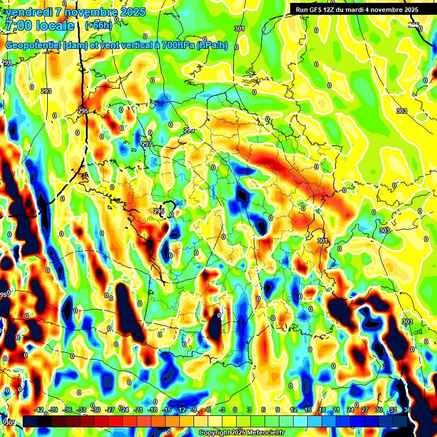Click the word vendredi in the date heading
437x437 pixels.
[28, 12]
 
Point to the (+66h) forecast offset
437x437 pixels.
[98, 26]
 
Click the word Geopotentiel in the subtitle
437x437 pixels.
[34, 46]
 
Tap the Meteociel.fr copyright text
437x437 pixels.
[241, 433]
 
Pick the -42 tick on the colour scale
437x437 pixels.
[39, 410]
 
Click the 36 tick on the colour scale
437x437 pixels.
[407, 410]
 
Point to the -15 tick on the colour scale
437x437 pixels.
[167, 410]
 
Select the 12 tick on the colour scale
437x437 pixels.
[294, 410]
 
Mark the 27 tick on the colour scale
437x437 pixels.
[364, 410]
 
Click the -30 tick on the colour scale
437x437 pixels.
[96, 410]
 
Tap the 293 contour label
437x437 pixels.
[46, 91]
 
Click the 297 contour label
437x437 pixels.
[146, 145]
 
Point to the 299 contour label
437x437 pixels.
[189, 131]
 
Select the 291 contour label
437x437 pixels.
[6, 63]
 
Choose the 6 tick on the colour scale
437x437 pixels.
[264, 410]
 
